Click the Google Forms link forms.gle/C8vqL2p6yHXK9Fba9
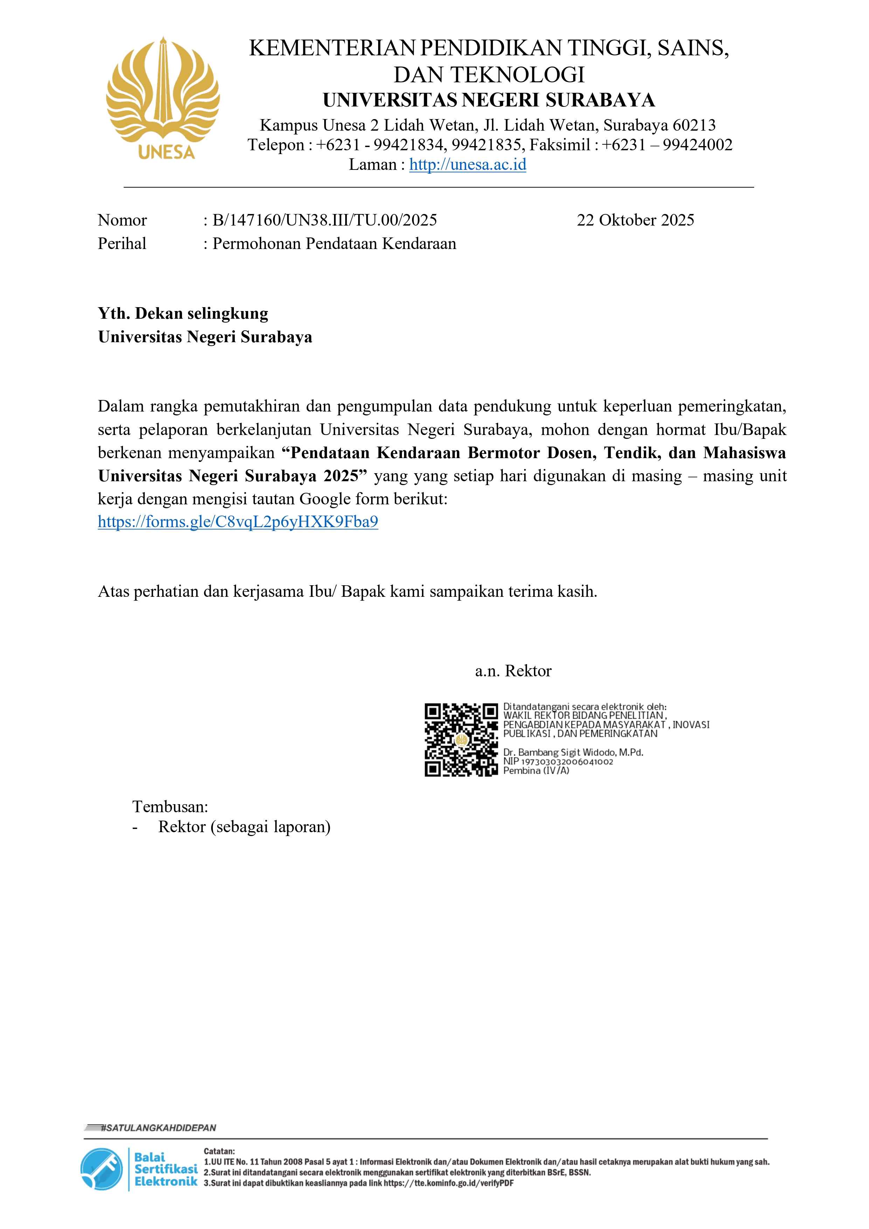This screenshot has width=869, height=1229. [x=238, y=522]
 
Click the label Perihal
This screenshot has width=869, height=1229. [x=122, y=243]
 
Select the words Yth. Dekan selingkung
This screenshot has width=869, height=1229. [x=183, y=313]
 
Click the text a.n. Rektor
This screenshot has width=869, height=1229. [x=513, y=671]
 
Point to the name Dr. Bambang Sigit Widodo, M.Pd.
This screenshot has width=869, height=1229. [x=572, y=752]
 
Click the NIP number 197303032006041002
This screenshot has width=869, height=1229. [x=566, y=761]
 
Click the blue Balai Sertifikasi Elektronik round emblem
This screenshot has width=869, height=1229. [x=101, y=1169]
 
